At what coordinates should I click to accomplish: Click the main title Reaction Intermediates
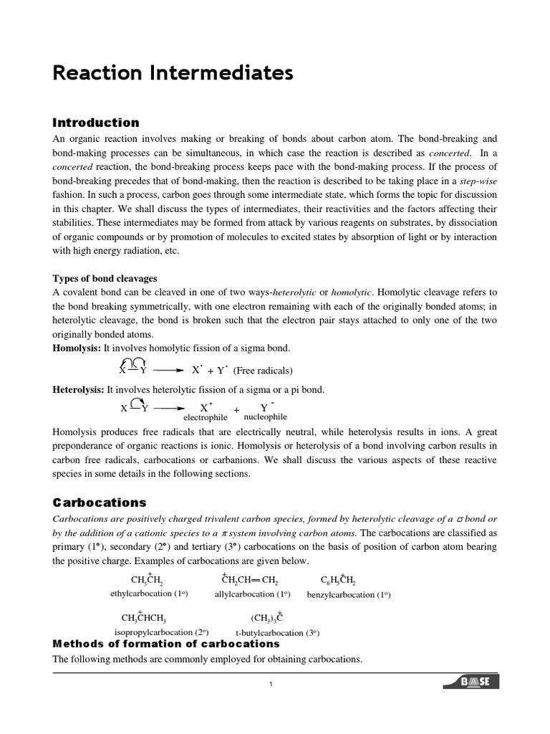(173, 73)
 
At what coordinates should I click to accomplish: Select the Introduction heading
(96, 123)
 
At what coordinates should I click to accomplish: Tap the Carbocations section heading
(100, 502)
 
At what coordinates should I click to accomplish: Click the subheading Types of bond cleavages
(105, 278)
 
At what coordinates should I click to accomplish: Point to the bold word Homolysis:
(77, 348)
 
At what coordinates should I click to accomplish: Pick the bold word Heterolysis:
(79, 390)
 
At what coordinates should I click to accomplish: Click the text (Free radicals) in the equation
(263, 371)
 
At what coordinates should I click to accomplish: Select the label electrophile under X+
(206, 417)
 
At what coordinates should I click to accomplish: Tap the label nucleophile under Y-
(265, 416)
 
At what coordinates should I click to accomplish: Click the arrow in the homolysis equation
(168, 370)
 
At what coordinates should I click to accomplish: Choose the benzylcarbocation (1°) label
(349, 594)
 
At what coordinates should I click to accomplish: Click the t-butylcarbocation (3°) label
(277, 633)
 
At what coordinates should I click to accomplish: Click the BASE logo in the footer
(473, 681)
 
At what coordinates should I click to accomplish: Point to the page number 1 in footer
(271, 685)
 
